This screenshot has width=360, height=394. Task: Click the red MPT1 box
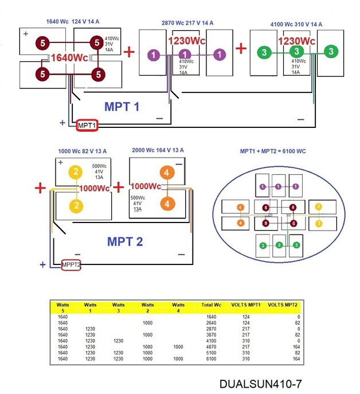click(x=87, y=125)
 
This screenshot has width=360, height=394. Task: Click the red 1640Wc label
click(x=69, y=58)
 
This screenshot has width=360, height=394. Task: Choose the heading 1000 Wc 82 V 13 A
click(x=83, y=151)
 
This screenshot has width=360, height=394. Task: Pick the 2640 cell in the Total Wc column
click(x=211, y=323)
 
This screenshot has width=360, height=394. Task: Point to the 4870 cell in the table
click(x=211, y=346)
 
